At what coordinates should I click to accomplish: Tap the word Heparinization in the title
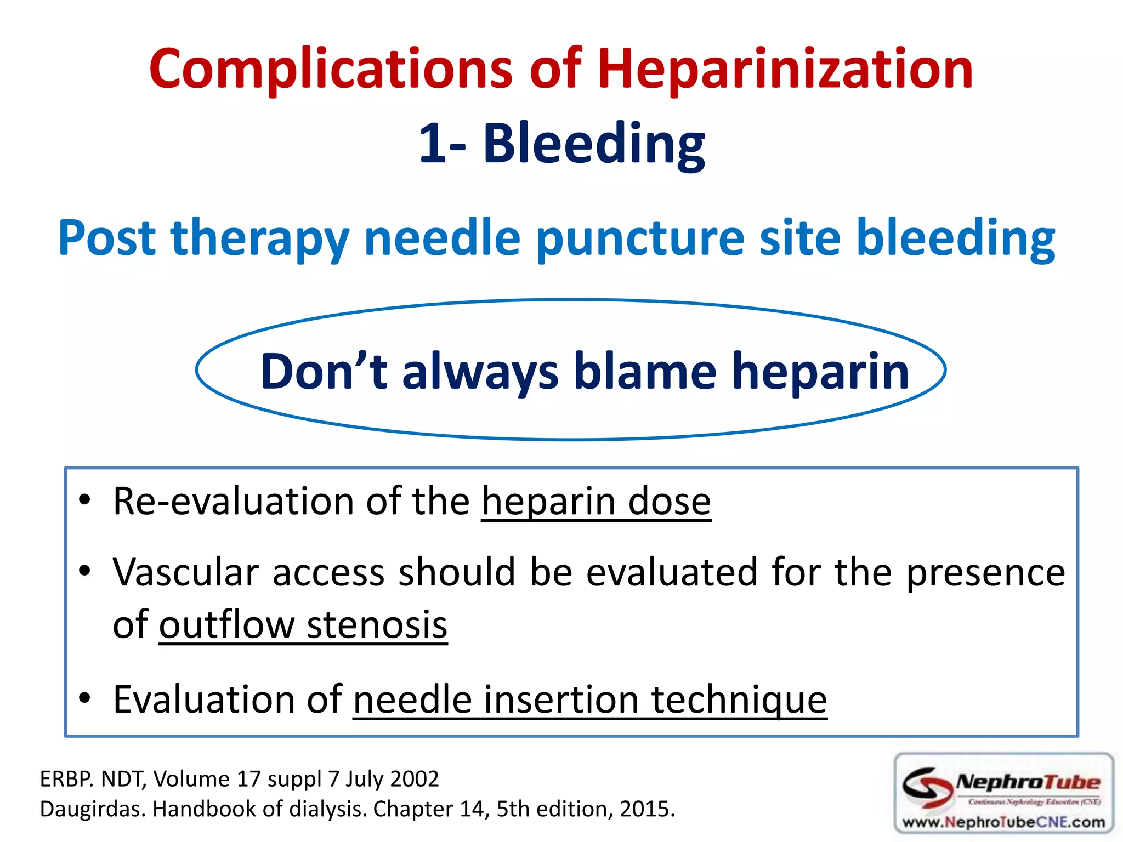coord(785,70)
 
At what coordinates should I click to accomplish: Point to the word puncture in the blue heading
coord(640,238)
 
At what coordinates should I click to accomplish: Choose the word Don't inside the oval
coord(324,372)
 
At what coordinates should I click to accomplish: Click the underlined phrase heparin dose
coord(596,502)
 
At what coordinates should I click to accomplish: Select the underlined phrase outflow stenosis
coord(303,625)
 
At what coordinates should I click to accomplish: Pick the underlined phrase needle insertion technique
coord(590,700)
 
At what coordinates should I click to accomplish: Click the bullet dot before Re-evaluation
coord(84,500)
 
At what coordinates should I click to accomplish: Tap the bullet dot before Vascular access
coord(84,572)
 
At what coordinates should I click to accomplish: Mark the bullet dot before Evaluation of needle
coord(84,698)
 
